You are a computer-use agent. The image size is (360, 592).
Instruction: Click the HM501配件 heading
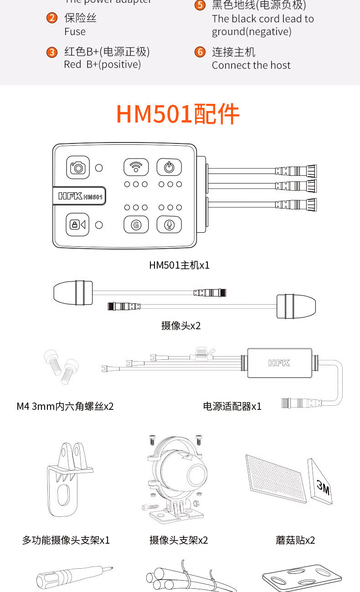point(178,114)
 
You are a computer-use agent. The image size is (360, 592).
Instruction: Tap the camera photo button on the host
point(78,168)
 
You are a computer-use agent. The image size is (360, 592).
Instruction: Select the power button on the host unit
point(169,167)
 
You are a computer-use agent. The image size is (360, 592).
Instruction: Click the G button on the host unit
point(136,225)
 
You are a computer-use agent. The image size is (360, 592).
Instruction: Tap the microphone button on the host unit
point(169,225)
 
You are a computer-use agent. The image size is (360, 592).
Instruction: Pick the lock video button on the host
point(78,225)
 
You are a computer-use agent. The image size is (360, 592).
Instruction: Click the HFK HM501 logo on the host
point(80,196)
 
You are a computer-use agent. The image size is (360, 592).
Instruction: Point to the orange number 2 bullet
point(52,18)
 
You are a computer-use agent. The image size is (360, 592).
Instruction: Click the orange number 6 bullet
point(200,52)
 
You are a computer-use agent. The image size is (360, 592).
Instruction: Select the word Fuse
point(75,31)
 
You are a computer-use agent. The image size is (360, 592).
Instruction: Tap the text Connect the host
point(251,65)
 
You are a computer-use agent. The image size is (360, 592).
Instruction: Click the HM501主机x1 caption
point(179,265)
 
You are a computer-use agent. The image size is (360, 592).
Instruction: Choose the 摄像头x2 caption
point(181,326)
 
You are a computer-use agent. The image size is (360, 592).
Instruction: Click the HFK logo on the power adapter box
point(279,363)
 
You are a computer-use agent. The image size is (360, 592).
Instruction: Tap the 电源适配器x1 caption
point(232,406)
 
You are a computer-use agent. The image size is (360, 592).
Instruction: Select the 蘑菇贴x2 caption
point(295,540)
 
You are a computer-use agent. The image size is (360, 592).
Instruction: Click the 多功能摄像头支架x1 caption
point(66,540)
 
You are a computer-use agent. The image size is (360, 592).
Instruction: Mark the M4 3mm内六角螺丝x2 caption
point(65,406)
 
